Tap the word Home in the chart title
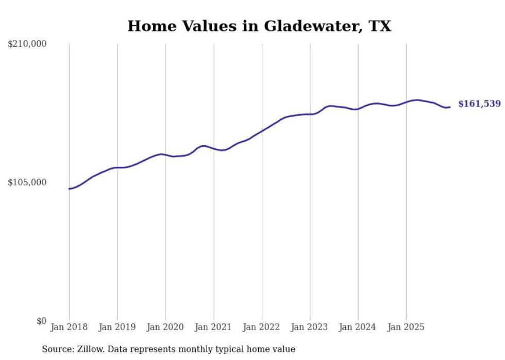click(148, 26)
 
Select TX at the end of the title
click(380, 26)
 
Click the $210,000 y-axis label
click(27, 44)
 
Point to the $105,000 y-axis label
click(27, 183)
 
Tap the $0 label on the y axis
click(41, 321)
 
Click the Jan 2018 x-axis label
click(69, 328)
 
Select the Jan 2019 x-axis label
click(117, 328)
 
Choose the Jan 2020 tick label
click(165, 328)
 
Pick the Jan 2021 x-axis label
click(213, 328)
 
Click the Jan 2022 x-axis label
click(262, 328)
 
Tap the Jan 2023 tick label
click(310, 328)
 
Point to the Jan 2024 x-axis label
click(358, 328)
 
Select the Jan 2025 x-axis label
click(406, 328)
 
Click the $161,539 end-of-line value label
click(479, 104)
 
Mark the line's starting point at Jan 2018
click(69, 189)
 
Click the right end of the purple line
click(450, 107)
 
